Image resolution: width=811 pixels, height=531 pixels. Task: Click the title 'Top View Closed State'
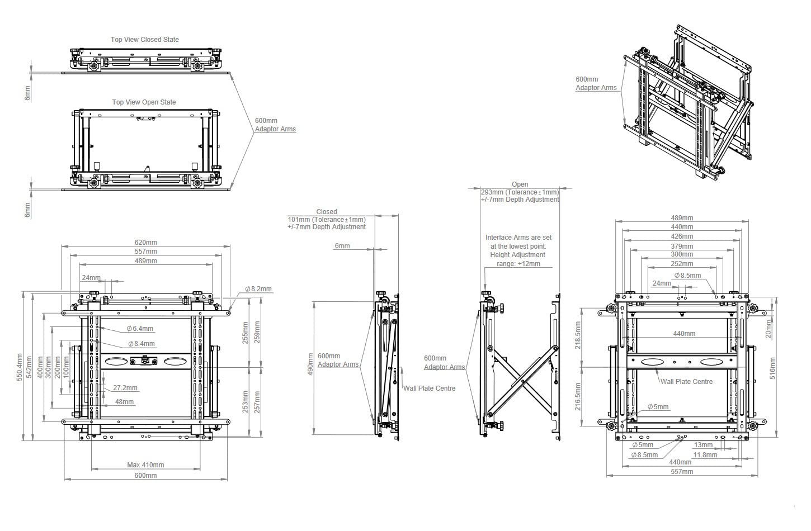(x=145, y=40)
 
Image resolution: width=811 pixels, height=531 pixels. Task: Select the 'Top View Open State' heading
(x=144, y=102)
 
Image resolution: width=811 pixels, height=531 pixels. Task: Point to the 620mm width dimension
(x=145, y=243)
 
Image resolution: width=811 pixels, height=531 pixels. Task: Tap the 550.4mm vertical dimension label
(x=20, y=367)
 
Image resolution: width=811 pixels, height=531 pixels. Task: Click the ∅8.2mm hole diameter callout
(x=258, y=289)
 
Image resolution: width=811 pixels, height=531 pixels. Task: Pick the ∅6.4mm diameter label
(x=140, y=329)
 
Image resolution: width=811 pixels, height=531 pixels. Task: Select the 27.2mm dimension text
(x=125, y=387)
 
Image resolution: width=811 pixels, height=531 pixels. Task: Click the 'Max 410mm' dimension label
(x=145, y=464)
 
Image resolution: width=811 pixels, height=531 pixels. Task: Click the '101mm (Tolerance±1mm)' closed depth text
(x=327, y=220)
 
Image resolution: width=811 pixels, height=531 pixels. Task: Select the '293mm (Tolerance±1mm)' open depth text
(x=520, y=192)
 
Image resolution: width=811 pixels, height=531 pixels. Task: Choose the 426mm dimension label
(x=682, y=236)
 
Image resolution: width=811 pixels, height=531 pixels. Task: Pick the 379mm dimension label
(x=682, y=246)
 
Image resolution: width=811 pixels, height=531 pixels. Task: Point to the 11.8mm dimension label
(x=705, y=454)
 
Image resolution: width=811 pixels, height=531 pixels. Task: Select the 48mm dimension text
(x=125, y=401)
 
